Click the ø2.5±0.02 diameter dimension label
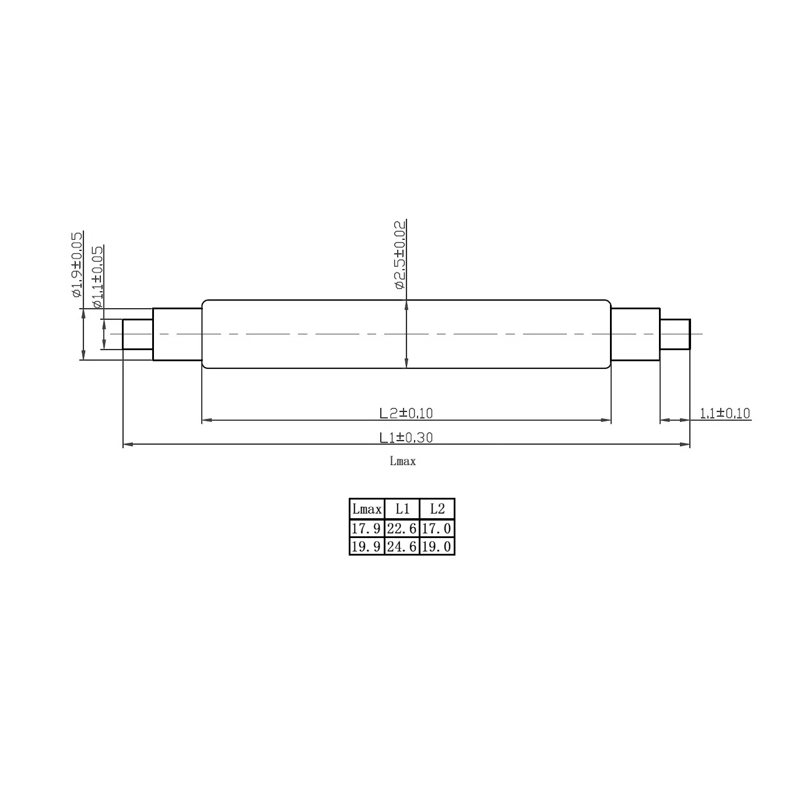[399, 254]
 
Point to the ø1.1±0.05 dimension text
[97, 277]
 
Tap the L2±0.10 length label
[406, 413]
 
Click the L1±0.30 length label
[406, 437]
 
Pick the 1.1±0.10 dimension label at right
[725, 413]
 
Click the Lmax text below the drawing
[403, 461]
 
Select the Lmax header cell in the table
[367, 509]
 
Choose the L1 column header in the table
[402, 509]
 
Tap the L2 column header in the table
[437, 509]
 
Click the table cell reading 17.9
[367, 529]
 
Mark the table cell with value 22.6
[402, 529]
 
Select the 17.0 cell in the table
[437, 529]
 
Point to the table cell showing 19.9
[367, 547]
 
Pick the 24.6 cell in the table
[402, 547]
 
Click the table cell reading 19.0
[437, 547]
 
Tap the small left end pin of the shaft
[138, 334]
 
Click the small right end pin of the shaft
[675, 334]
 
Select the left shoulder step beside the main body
[177, 334]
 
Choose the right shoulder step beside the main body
[635, 334]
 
